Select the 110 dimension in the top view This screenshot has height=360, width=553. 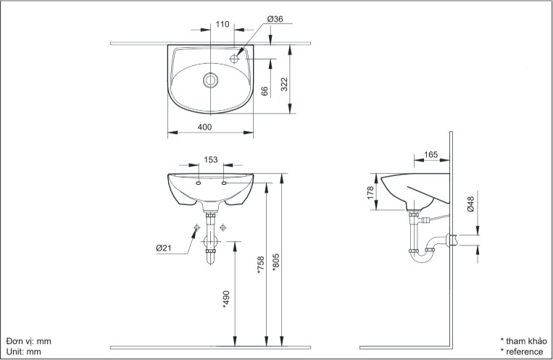(x=223, y=24)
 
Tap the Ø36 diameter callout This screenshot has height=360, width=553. (x=275, y=20)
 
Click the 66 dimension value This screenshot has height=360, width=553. (x=265, y=91)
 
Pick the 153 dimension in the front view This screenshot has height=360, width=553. (x=211, y=160)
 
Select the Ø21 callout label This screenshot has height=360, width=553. (x=163, y=248)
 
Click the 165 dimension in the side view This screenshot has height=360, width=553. (x=431, y=154)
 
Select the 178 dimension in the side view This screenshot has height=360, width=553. (x=370, y=193)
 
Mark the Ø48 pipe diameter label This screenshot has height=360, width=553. (x=470, y=205)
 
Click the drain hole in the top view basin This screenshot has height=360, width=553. (x=211, y=80)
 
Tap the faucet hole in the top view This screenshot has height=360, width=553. (x=234, y=57)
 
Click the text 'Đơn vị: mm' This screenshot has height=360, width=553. (x=29, y=340)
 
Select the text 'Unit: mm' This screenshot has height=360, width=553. (x=24, y=351)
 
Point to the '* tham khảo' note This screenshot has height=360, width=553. (x=523, y=340)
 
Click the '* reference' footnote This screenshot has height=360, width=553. (x=521, y=351)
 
